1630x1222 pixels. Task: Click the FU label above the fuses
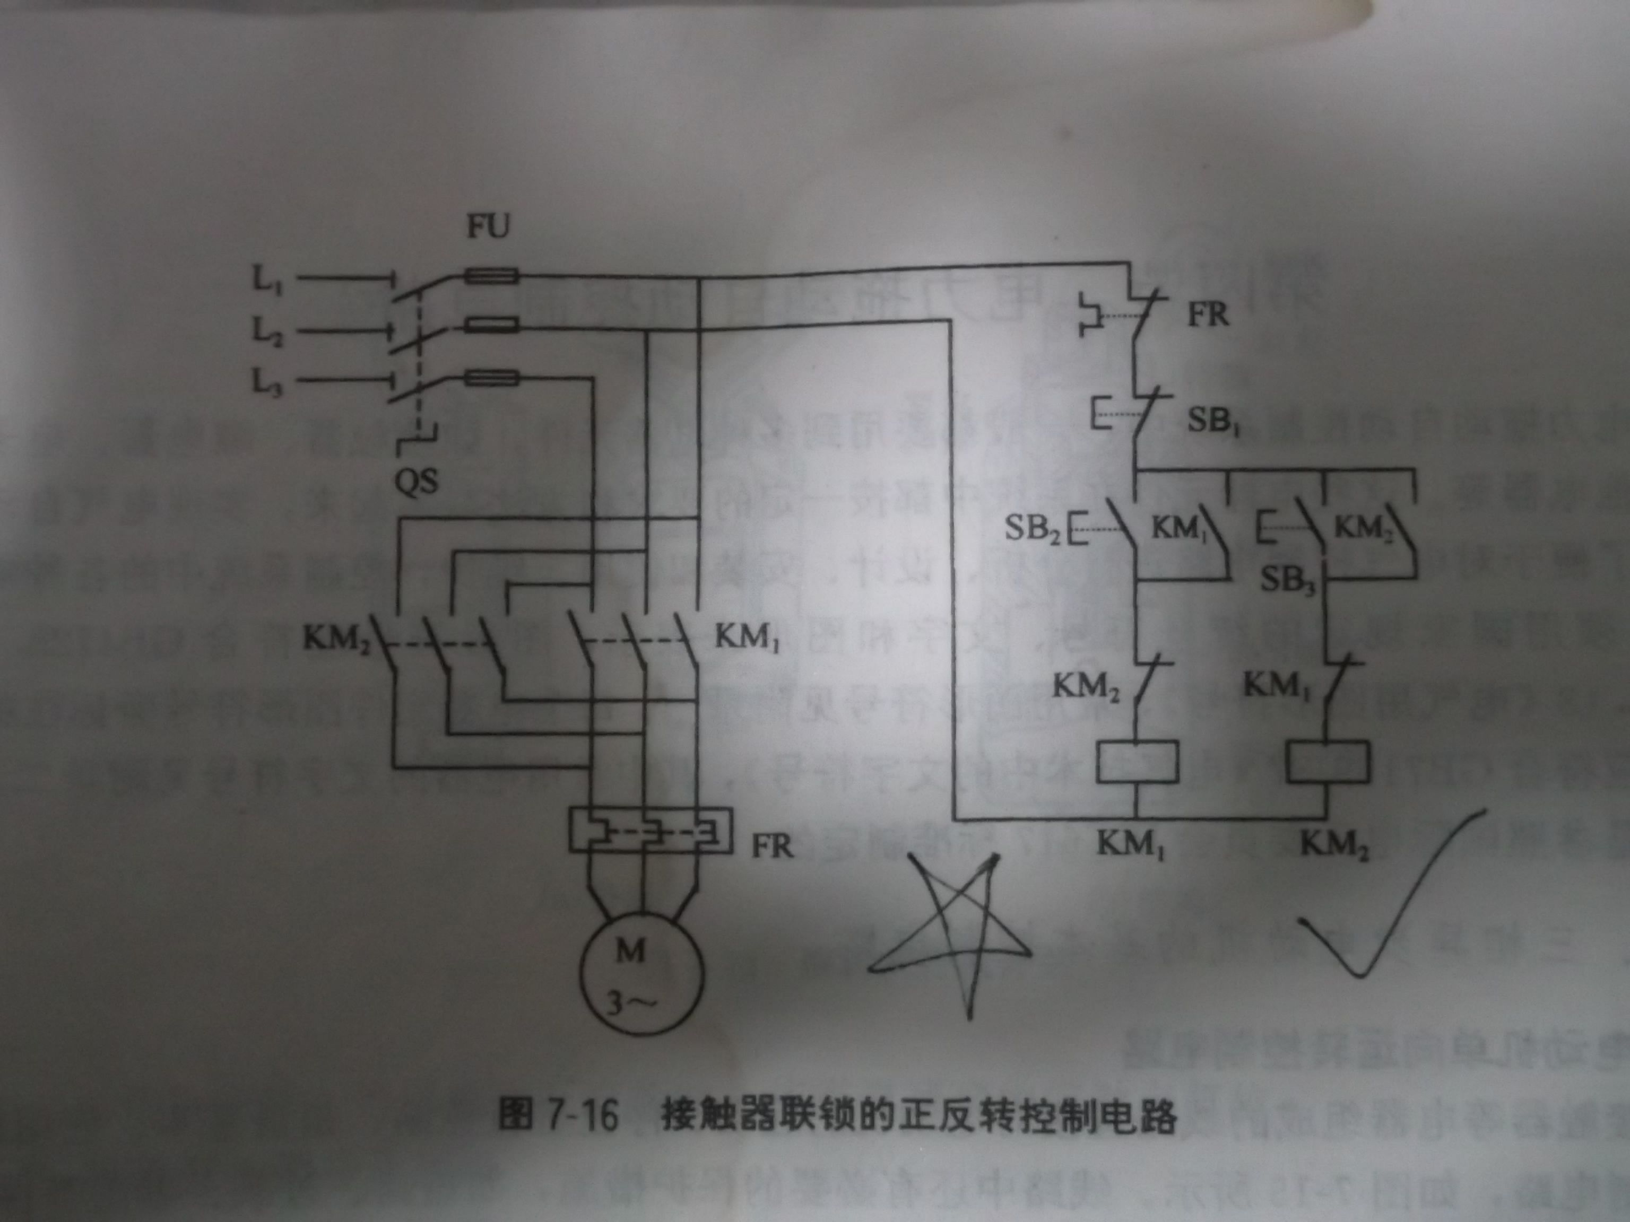[x=487, y=227]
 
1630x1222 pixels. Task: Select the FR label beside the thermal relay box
[x=772, y=847]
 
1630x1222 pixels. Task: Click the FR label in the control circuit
[x=1208, y=315]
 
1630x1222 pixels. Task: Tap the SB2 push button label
[x=1031, y=529]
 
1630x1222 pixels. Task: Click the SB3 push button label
[x=1288, y=580]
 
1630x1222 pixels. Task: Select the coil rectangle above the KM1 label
[x=1137, y=762]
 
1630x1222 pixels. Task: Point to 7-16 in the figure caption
[x=582, y=1116]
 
